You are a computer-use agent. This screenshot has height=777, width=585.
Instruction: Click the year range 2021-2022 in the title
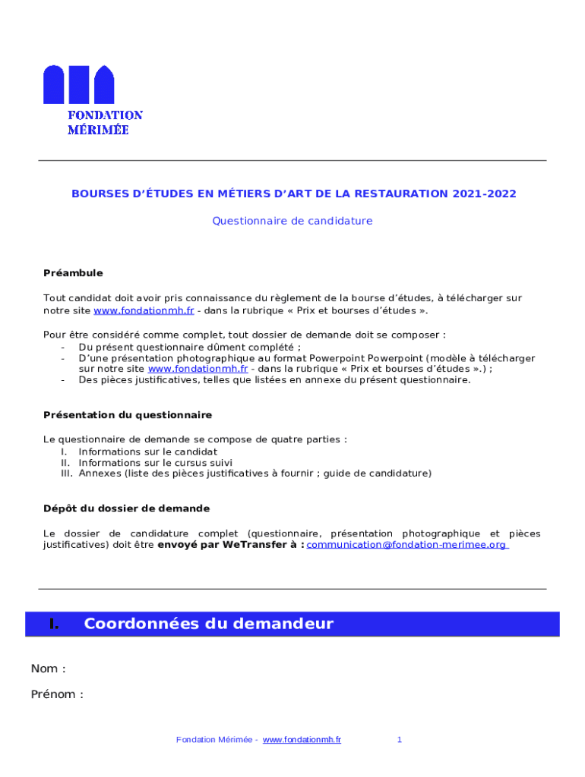pyautogui.click(x=484, y=193)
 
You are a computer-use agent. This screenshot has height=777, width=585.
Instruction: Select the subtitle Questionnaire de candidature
pyautogui.click(x=292, y=221)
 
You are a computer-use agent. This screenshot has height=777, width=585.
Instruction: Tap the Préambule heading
pyautogui.click(x=73, y=273)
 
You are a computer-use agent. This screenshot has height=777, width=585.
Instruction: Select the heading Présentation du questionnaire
pyautogui.click(x=128, y=415)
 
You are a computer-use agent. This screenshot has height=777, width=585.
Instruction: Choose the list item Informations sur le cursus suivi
pyautogui.click(x=156, y=462)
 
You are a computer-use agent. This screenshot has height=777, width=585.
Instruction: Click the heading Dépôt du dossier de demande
pyautogui.click(x=126, y=508)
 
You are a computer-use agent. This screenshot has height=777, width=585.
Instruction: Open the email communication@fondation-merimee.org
pyautogui.click(x=406, y=545)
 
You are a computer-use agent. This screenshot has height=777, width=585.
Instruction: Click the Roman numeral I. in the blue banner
pyautogui.click(x=53, y=624)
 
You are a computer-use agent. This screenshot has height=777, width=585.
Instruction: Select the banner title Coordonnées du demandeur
pyautogui.click(x=209, y=624)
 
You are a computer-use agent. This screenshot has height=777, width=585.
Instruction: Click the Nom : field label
pyautogui.click(x=48, y=668)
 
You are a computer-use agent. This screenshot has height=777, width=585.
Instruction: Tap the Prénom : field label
pyautogui.click(x=57, y=694)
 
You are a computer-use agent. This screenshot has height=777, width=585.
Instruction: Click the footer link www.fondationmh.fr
pyautogui.click(x=302, y=740)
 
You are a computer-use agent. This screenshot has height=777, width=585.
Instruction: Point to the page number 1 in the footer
pyautogui.click(x=399, y=740)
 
